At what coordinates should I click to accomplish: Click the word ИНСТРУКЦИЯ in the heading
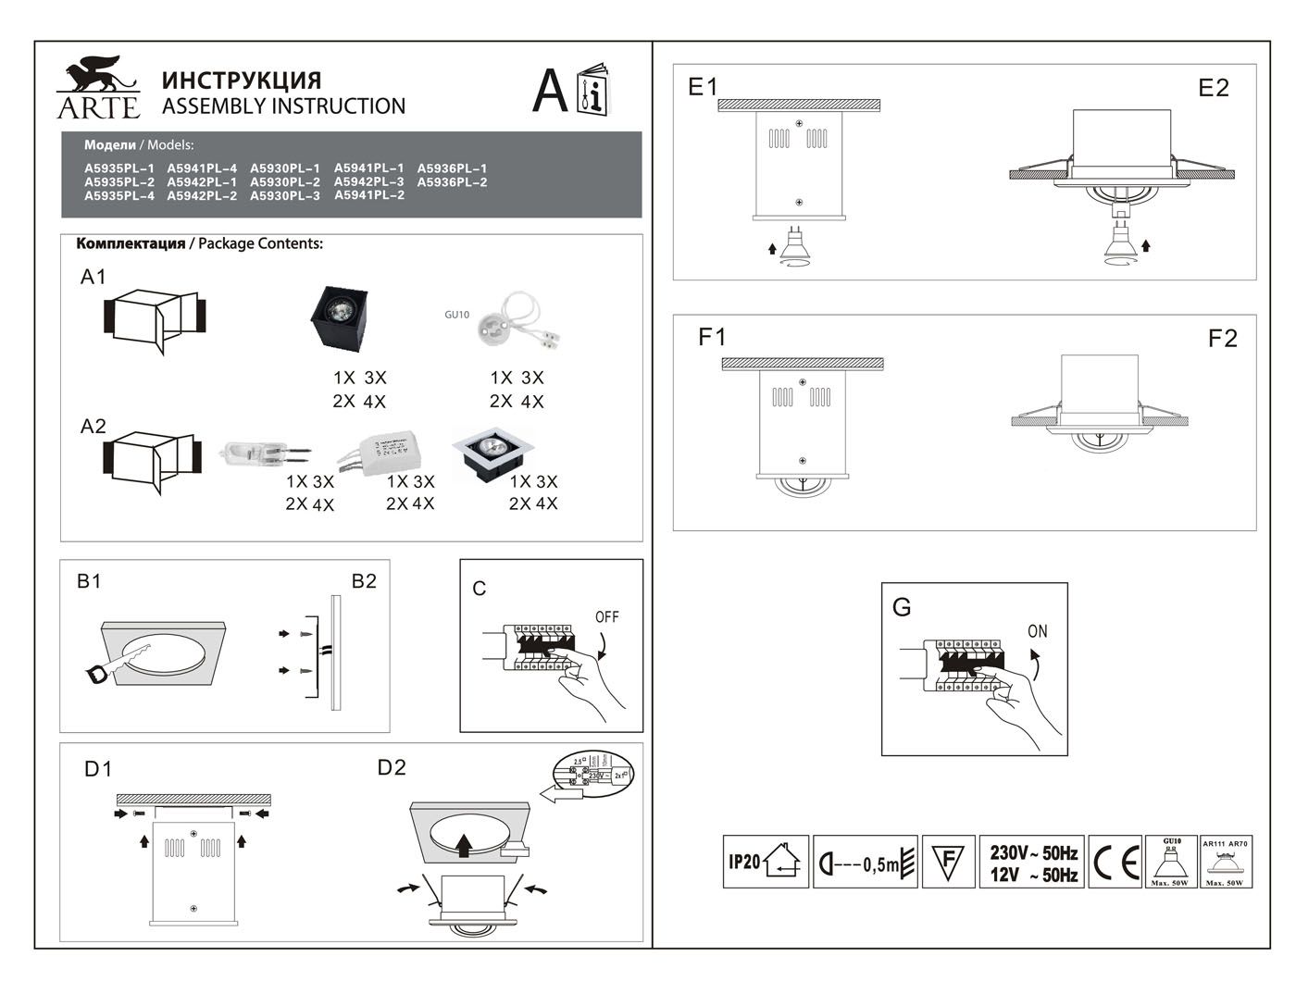pyautogui.click(x=242, y=81)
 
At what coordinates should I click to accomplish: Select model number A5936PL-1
pyautogui.click(x=452, y=168)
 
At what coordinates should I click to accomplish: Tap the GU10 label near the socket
pyautogui.click(x=456, y=315)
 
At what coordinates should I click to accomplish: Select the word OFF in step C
pyautogui.click(x=607, y=617)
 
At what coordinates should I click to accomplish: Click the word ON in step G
pyautogui.click(x=1038, y=631)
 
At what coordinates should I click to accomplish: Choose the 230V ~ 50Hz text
pyautogui.click(x=1033, y=852)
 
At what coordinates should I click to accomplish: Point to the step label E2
pyautogui.click(x=1213, y=88)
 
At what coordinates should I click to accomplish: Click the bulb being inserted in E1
pyautogui.click(x=796, y=246)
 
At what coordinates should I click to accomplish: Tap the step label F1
pyautogui.click(x=712, y=338)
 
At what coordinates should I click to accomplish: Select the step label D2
pyautogui.click(x=392, y=767)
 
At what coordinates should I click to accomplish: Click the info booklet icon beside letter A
pyautogui.click(x=592, y=91)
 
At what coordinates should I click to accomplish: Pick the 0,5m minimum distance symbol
pyautogui.click(x=865, y=863)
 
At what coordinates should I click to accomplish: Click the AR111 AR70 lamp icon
pyautogui.click(x=1226, y=863)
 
